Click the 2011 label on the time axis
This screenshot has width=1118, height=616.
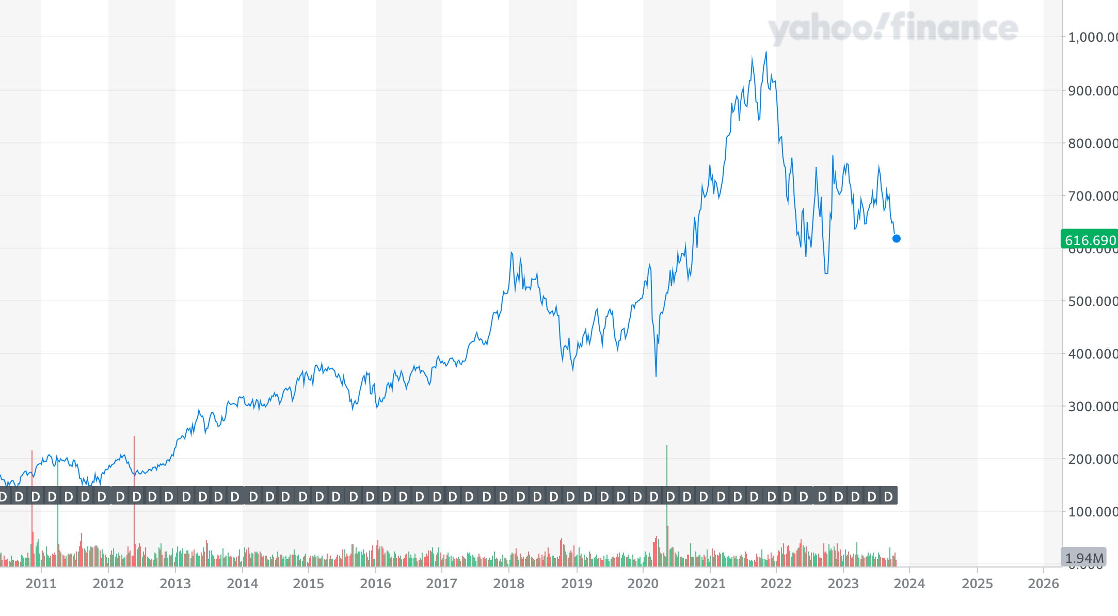(41, 583)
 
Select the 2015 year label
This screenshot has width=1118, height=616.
(308, 583)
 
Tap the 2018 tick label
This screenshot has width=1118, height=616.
(508, 583)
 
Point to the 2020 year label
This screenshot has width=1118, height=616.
(643, 583)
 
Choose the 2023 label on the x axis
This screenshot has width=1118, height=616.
(843, 583)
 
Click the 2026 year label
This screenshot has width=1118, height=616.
(1043, 583)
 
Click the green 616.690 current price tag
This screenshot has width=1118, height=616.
(1090, 240)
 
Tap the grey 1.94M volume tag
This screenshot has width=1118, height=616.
(1084, 558)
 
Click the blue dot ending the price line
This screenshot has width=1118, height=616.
(897, 238)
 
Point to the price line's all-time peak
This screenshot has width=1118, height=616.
(766, 52)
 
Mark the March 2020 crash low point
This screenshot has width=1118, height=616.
(656, 376)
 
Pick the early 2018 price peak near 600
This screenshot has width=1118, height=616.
(511, 252)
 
